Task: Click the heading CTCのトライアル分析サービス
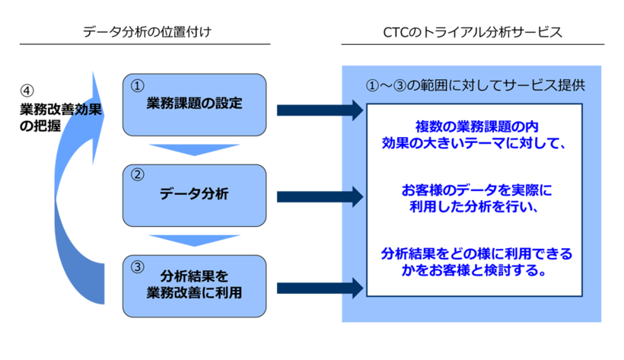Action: coord(473,32)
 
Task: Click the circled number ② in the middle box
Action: coord(138,174)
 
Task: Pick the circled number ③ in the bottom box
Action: coord(138,266)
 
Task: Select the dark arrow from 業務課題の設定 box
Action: coord(320,110)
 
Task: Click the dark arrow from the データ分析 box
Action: coord(320,196)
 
